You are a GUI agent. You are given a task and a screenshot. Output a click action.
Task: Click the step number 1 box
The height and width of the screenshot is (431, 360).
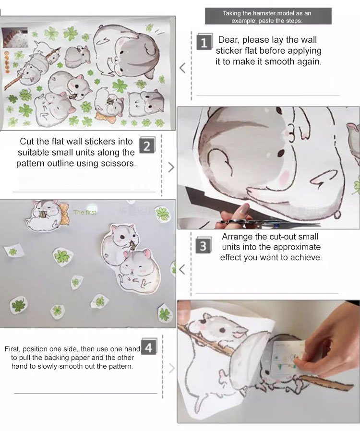tap(204, 42)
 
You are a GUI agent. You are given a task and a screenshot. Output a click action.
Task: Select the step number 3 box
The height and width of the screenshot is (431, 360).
tap(204, 245)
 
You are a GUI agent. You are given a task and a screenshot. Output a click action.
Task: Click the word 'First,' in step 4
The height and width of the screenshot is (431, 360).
tap(12, 349)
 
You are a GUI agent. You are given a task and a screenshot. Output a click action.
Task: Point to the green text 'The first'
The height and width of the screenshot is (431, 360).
tap(84, 212)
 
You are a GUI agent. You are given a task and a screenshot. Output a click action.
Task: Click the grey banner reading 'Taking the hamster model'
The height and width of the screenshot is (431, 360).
tap(268, 16)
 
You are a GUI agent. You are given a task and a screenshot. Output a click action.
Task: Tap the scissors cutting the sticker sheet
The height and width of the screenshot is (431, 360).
tap(269, 223)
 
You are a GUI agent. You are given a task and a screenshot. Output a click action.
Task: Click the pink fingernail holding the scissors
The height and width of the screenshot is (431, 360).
tap(244, 209)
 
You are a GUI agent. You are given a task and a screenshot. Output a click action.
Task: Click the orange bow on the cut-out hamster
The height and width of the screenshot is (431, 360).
tap(63, 213)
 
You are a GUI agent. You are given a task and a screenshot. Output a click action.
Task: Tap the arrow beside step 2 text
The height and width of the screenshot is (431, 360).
tap(171, 167)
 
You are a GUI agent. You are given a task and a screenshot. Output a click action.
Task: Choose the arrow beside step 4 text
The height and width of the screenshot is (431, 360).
tap(171, 368)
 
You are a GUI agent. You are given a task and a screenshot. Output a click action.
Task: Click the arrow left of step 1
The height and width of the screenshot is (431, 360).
tap(182, 68)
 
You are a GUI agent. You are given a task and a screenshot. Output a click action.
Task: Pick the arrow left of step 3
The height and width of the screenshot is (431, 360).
tap(182, 269)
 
